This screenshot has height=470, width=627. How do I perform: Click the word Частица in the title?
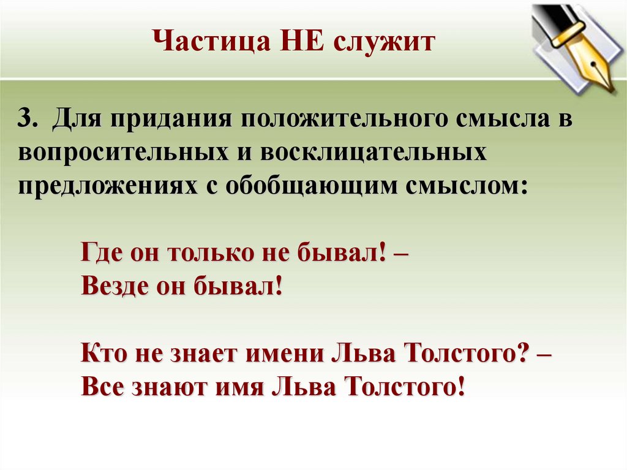212,41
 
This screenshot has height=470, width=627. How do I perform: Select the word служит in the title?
384,42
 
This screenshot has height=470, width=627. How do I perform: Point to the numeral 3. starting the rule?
29,119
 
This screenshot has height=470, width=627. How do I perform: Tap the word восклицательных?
374,153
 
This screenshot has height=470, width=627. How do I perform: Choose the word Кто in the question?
105,354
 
